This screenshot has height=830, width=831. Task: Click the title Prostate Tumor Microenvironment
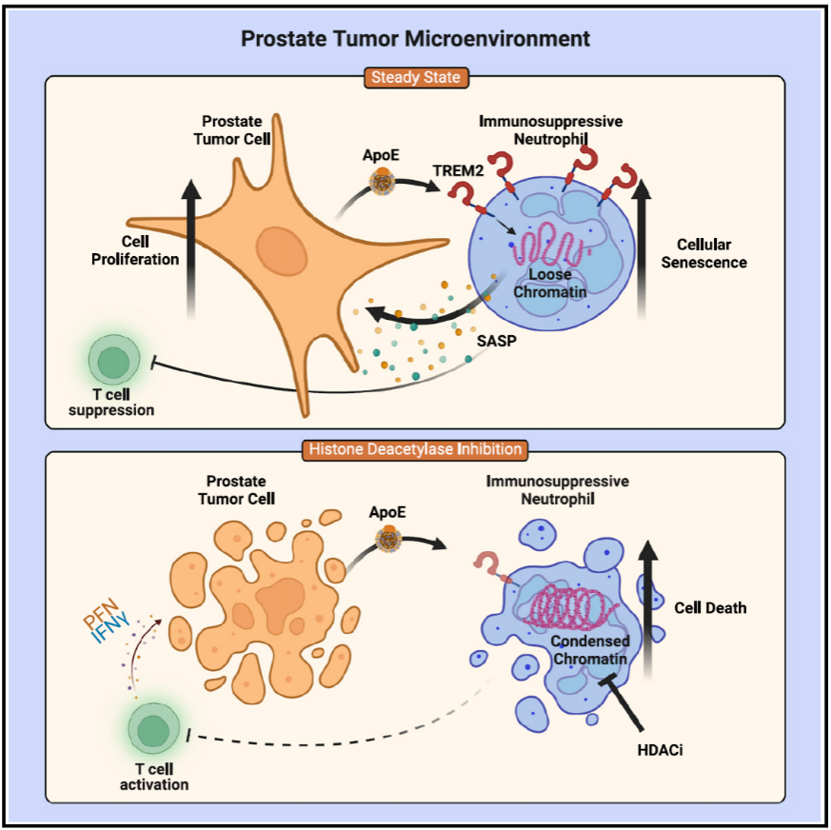(415, 39)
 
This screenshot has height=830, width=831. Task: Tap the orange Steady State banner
(416, 77)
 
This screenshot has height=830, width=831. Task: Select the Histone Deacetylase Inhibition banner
(415, 449)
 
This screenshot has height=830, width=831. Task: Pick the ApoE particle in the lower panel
(388, 541)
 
